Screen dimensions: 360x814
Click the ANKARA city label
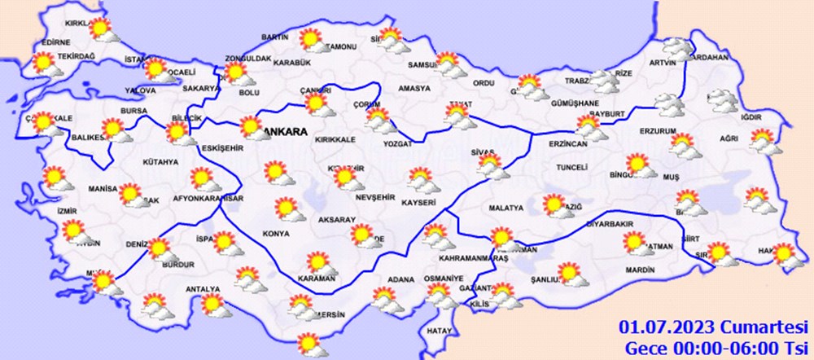286,131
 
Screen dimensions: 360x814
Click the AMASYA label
414,89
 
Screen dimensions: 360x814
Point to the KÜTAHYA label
160,162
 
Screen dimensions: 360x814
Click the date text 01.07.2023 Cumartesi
711,328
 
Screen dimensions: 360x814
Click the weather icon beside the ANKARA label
252,128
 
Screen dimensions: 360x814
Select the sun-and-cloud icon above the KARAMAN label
319,263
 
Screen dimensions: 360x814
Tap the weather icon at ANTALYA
214,304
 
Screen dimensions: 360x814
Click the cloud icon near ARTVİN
676,49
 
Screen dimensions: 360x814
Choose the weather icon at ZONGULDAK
238,73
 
